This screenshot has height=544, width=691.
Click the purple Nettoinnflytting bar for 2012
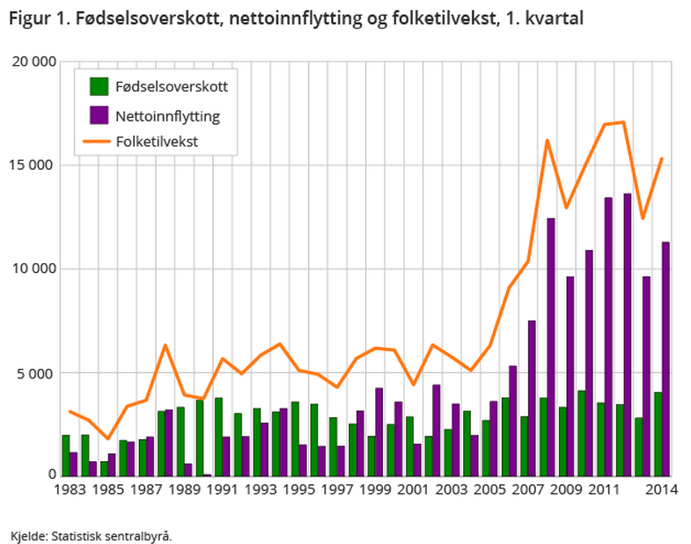(x=627, y=334)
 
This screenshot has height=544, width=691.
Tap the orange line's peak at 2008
(x=547, y=140)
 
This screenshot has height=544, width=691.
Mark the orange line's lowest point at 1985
(x=108, y=438)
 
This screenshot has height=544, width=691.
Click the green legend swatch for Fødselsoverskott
(x=98, y=86)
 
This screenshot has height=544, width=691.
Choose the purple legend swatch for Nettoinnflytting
(x=98, y=114)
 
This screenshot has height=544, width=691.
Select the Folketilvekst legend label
(x=157, y=141)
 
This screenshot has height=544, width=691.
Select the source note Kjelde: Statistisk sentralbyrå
(x=91, y=534)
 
